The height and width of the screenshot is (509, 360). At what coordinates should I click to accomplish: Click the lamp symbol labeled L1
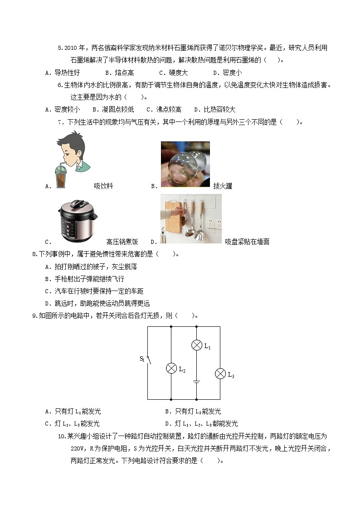pos(196,345)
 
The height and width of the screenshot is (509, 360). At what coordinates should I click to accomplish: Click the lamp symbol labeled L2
pos(171,368)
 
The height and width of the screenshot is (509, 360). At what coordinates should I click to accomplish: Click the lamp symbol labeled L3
pos(220,373)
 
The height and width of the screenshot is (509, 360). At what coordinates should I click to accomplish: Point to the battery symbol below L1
pos(196,382)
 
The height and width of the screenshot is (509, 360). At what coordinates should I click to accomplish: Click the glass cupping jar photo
pos(185,164)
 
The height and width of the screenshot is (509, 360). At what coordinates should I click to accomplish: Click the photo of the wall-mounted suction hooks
pos(191,219)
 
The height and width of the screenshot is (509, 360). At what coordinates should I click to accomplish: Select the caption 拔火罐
pos(223,186)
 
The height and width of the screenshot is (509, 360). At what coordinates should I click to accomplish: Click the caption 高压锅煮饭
pos(122,242)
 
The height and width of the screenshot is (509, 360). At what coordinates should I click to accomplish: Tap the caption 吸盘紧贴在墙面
pos(247,242)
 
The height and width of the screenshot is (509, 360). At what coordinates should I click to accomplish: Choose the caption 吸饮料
pos(103,186)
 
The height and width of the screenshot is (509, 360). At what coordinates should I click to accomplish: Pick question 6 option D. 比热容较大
pos(214,109)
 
